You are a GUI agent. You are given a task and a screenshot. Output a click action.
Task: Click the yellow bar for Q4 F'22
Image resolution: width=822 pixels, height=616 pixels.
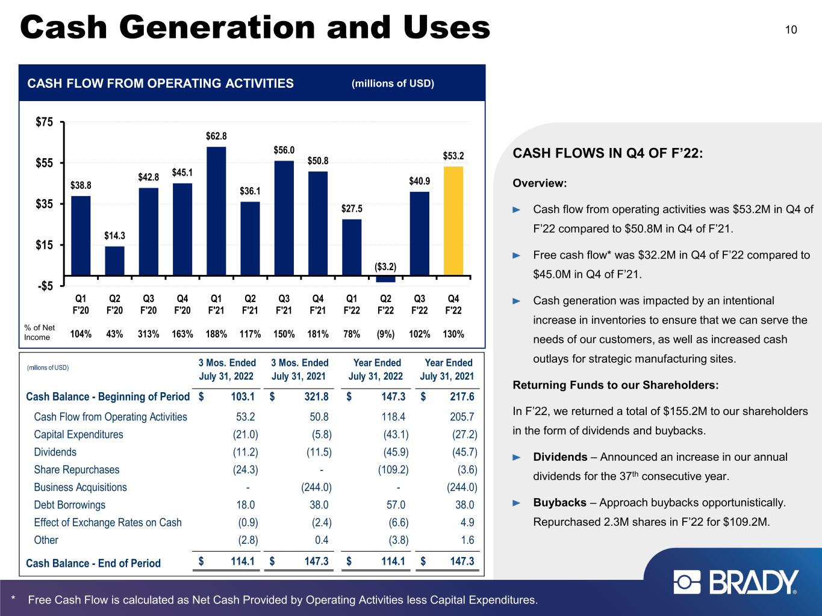point(453,221)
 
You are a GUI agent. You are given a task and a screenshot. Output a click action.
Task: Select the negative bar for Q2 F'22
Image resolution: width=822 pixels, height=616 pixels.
point(386,279)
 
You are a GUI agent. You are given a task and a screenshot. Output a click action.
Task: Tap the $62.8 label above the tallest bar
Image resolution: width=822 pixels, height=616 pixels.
point(216,136)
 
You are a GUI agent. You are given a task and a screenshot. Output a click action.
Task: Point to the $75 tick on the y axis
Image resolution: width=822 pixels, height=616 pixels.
point(44,122)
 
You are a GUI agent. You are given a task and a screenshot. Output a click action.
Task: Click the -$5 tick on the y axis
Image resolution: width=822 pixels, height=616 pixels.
point(45,286)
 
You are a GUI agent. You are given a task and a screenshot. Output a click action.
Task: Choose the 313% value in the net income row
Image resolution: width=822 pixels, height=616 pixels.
point(148,334)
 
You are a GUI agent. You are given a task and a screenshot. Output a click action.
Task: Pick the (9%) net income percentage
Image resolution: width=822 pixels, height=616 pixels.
point(386,334)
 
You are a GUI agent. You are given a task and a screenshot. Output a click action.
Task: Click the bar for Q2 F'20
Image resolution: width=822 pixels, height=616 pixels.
point(114,261)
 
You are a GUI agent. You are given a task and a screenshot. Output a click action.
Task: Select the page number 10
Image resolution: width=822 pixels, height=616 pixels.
point(791,30)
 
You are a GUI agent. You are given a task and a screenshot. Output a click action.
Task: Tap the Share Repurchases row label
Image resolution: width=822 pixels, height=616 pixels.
point(76,470)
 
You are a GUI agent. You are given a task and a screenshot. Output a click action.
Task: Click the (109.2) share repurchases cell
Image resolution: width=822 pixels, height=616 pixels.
point(393,470)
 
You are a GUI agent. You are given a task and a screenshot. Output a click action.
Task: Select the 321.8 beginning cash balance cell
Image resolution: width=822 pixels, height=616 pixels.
point(316,396)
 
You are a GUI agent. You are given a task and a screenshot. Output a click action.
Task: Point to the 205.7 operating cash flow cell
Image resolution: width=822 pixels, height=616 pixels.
point(462,417)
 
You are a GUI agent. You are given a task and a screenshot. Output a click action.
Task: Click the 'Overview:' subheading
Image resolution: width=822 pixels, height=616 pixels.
point(540,183)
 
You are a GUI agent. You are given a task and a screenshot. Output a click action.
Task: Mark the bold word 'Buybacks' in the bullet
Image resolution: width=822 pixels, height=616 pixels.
point(560,503)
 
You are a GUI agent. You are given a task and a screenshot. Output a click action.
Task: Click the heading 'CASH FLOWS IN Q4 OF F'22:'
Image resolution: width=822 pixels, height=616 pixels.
point(608,153)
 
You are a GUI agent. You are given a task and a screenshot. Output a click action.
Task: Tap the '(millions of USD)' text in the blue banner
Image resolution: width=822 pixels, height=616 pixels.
point(393,84)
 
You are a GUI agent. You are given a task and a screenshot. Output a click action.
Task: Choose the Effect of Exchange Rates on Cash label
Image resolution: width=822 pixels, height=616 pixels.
point(108,523)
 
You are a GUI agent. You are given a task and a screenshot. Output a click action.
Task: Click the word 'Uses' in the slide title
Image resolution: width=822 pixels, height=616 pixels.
point(447,28)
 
